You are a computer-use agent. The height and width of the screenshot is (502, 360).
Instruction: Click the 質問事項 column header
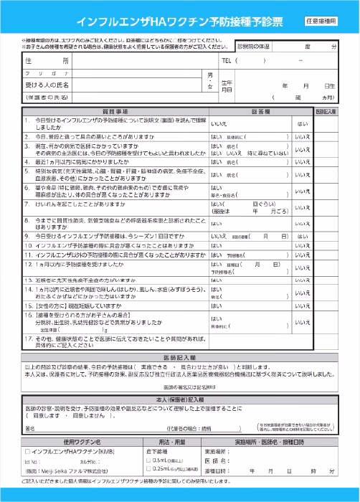point(115,113)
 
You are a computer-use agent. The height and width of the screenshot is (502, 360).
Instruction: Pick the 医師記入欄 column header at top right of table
point(326,113)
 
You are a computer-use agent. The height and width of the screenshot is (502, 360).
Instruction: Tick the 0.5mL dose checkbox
point(148,460)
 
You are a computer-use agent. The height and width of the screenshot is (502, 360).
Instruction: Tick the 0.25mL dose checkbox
point(148,469)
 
